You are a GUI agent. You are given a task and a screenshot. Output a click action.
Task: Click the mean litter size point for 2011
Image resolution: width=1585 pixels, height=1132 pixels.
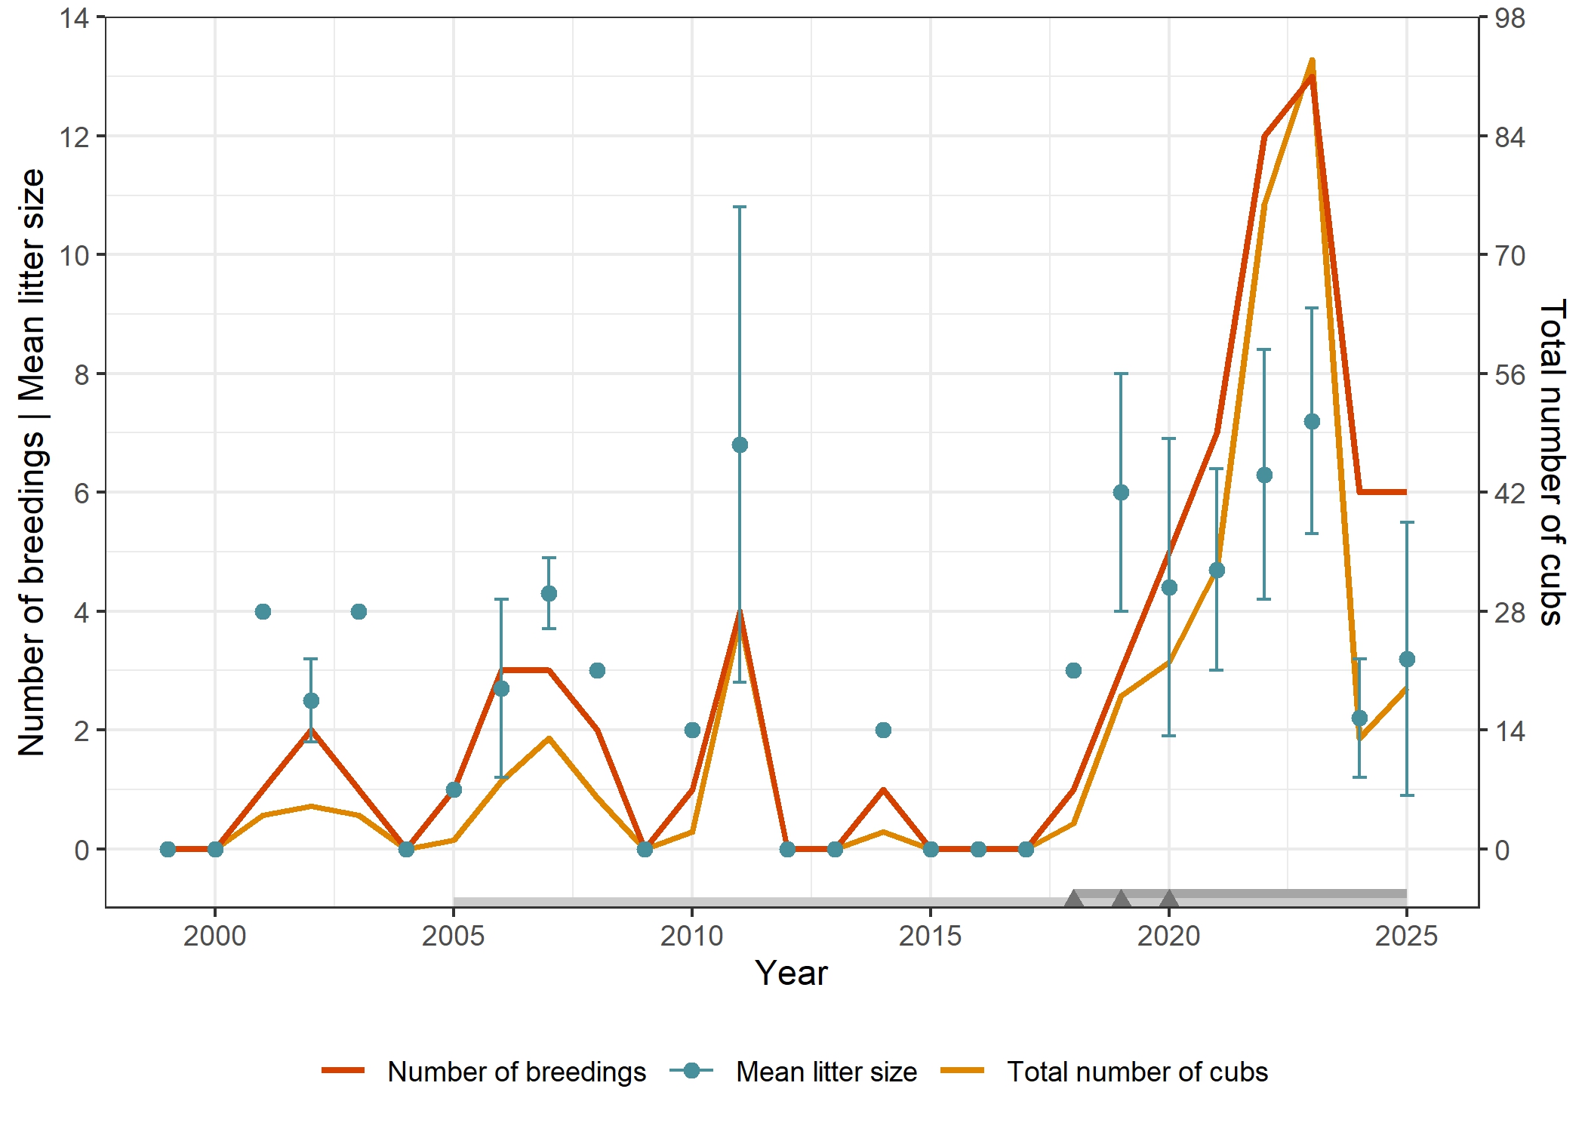point(740,445)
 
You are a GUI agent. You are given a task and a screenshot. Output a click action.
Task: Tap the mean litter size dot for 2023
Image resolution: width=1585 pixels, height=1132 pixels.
point(1312,421)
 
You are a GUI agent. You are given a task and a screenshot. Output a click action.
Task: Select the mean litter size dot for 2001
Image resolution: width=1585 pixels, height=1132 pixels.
point(263,611)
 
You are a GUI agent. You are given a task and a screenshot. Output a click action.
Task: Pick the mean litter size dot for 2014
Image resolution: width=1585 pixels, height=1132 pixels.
point(883,730)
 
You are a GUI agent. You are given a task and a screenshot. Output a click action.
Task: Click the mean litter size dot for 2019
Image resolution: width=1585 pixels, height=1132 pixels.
point(1121,492)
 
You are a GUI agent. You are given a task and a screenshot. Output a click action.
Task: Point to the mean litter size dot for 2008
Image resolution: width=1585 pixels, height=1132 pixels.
point(597,670)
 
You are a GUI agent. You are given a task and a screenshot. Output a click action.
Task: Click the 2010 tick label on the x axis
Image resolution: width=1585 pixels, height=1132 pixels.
point(691,937)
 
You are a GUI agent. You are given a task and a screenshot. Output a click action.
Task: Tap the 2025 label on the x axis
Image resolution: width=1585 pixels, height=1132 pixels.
point(1406,937)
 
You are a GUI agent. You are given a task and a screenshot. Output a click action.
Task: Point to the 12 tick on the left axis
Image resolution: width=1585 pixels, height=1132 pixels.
point(74,137)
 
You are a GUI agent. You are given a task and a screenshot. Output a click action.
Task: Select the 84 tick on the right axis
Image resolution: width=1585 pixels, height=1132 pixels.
point(1510,137)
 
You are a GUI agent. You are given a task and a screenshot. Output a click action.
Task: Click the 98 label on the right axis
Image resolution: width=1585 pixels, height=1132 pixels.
point(1510,19)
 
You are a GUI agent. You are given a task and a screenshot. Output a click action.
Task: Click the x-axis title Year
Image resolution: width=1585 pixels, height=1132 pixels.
point(791,974)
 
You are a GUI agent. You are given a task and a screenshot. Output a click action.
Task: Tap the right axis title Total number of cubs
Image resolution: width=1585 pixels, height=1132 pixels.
point(1552,462)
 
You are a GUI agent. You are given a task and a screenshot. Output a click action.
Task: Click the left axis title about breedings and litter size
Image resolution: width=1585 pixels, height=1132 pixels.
point(32,462)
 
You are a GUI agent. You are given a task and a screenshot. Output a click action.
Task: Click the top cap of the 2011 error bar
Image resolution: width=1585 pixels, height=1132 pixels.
point(740,207)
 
